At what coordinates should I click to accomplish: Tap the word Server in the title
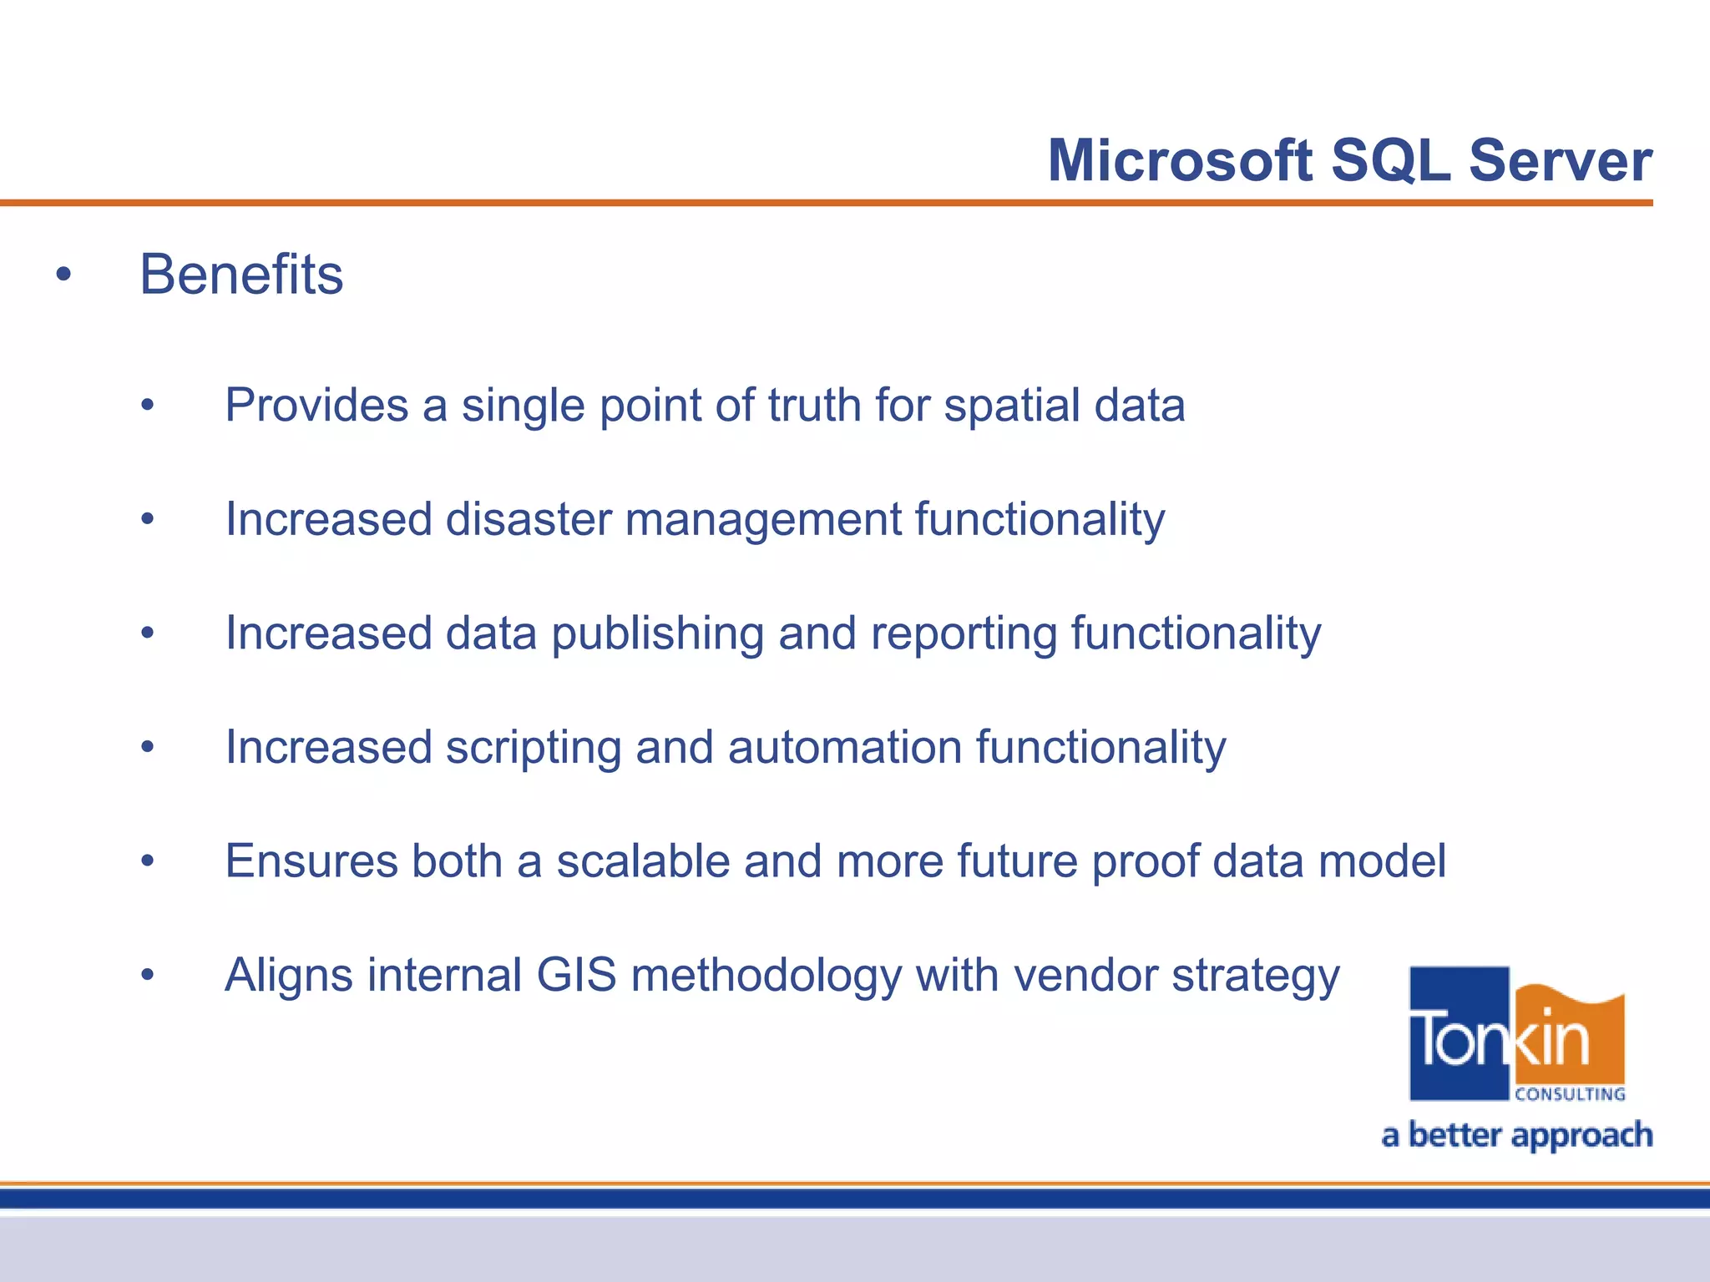pyautogui.click(x=1561, y=160)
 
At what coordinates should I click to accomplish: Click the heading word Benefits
pyautogui.click(x=241, y=275)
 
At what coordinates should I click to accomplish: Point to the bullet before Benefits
pyautogui.click(x=63, y=275)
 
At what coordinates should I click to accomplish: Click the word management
pyautogui.click(x=763, y=521)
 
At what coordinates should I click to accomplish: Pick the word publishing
pyautogui.click(x=657, y=634)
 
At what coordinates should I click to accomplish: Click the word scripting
pyautogui.click(x=533, y=748)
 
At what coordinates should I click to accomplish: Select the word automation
pyautogui.click(x=844, y=747)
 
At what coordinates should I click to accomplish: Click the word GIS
pyautogui.click(x=576, y=975)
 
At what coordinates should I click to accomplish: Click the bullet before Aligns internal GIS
pyautogui.click(x=148, y=975)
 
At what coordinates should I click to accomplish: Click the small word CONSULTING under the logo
pyautogui.click(x=1570, y=1094)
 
